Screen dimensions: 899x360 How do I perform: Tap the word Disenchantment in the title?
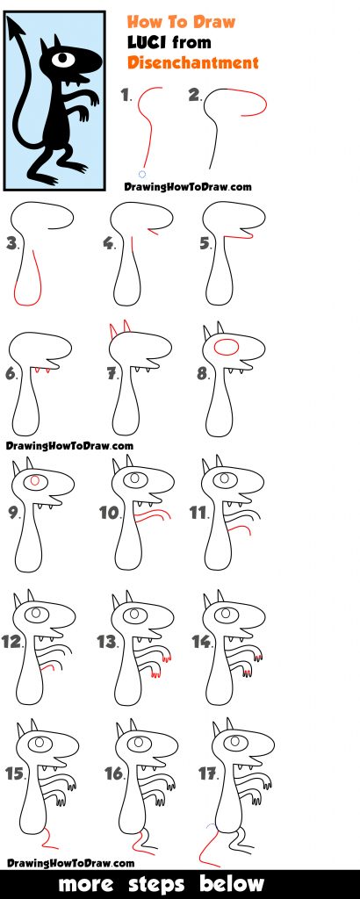point(193,61)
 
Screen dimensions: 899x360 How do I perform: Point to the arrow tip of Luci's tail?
point(15,30)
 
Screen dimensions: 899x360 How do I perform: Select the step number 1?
point(126,95)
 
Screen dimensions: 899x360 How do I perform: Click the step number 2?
point(195,95)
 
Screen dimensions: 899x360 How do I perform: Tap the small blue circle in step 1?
point(142,174)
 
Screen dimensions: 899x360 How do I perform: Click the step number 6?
point(11,374)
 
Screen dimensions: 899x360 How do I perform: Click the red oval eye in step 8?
point(227,347)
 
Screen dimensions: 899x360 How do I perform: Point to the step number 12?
point(11,642)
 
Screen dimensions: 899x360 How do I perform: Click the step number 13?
point(107,642)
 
